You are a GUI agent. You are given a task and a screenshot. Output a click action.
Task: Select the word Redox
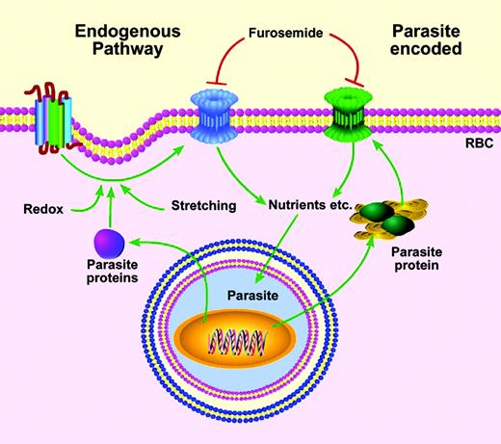point(42,207)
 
